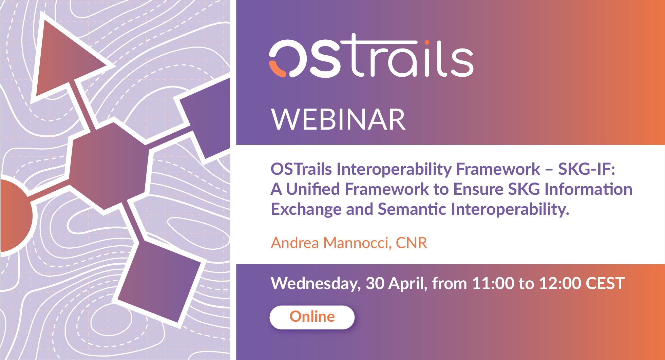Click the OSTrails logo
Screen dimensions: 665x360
pos(371,56)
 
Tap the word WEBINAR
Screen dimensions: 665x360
pos(338,119)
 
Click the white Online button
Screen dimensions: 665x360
pos(312,317)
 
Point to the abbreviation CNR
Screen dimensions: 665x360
pos(412,243)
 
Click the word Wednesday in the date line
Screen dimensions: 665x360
pos(316,284)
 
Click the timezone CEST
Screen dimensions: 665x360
pos(605,283)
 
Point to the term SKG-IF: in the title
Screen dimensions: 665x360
pos(587,169)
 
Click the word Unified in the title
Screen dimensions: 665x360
pos(313,189)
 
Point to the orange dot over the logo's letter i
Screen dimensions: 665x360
pos(427,43)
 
